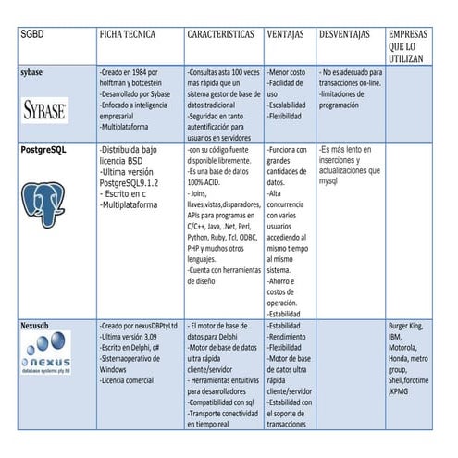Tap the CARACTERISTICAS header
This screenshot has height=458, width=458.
(x=220, y=34)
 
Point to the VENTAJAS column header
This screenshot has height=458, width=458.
(x=288, y=34)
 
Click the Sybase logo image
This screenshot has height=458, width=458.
(x=44, y=111)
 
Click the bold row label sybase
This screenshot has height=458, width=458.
(x=33, y=70)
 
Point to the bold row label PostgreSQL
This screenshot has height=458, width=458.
(x=45, y=148)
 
